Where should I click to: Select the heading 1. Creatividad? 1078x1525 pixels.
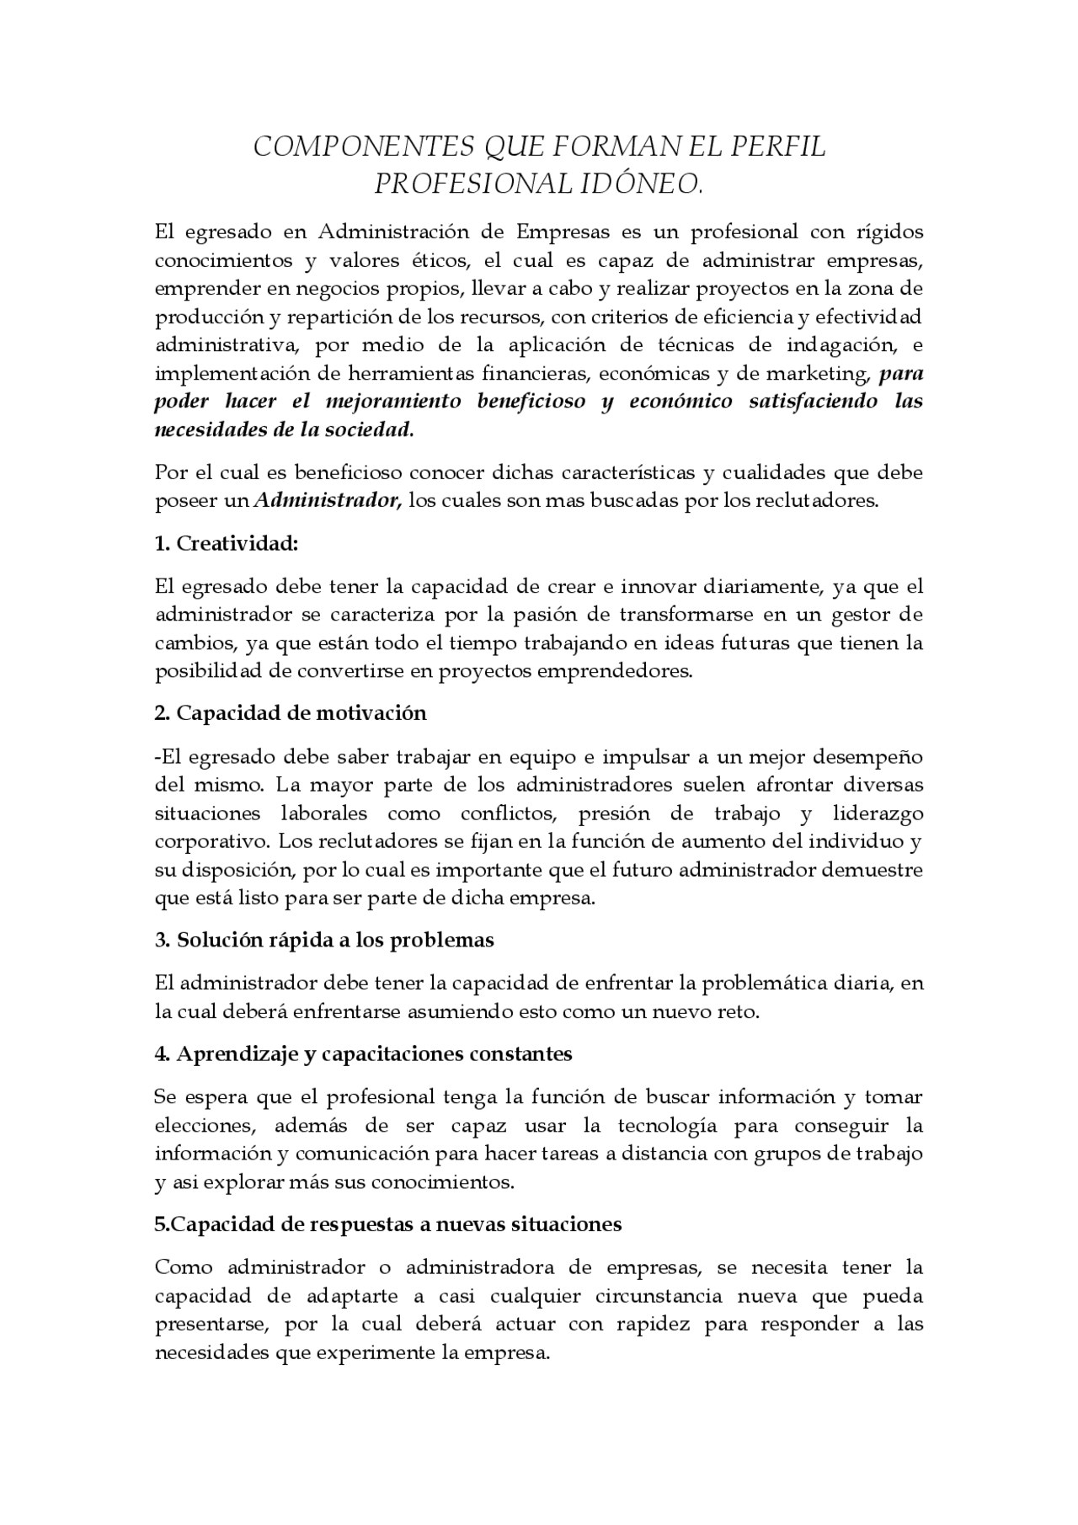[x=227, y=544]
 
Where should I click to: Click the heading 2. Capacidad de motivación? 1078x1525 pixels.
[x=291, y=713]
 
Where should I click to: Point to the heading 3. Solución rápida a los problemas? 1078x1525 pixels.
[x=324, y=940]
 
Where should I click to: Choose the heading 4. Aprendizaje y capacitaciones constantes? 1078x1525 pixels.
[x=363, y=1053]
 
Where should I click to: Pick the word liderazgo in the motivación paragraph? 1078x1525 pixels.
[x=878, y=813]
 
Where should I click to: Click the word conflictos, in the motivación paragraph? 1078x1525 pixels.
[x=507, y=813]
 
